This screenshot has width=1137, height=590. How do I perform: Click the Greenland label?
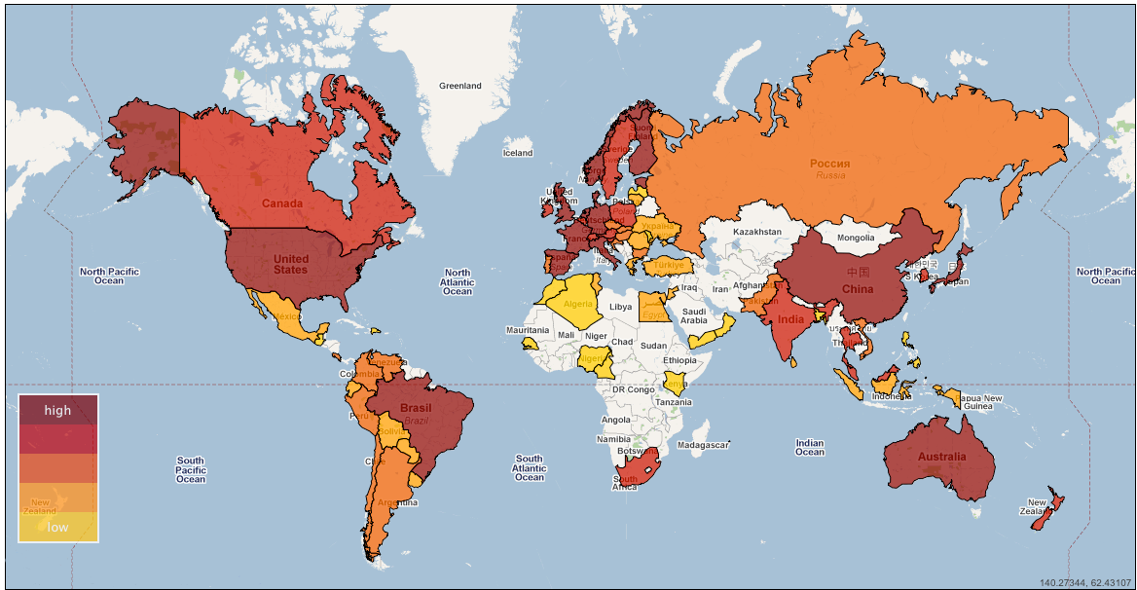pyautogui.click(x=459, y=86)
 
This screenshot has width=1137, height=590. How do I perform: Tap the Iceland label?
pyautogui.click(x=517, y=153)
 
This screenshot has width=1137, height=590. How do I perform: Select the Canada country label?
pyautogui.click(x=281, y=203)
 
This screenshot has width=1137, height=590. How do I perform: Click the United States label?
pyautogui.click(x=290, y=264)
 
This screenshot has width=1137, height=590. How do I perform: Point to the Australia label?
pyautogui.click(x=941, y=457)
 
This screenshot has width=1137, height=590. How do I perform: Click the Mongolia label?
pyautogui.click(x=855, y=238)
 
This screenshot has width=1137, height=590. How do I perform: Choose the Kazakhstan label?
pyautogui.click(x=756, y=232)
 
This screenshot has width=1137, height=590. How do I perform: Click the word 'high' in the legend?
pyautogui.click(x=57, y=410)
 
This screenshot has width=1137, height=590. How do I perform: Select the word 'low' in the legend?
pyautogui.click(x=58, y=527)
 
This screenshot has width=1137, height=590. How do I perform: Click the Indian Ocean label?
pyautogui.click(x=809, y=447)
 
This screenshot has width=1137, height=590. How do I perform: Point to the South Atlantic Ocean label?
pyautogui.click(x=529, y=467)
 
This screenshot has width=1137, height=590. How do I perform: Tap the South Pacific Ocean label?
pyautogui.click(x=191, y=469)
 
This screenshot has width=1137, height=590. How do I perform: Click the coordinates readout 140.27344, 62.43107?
pyautogui.click(x=1084, y=582)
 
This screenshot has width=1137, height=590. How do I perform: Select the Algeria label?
pyautogui.click(x=578, y=304)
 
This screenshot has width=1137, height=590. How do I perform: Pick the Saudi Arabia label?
pyautogui.click(x=693, y=315)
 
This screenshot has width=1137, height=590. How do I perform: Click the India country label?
pyautogui.click(x=791, y=318)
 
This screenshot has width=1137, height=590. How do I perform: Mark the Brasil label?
pyautogui.click(x=416, y=408)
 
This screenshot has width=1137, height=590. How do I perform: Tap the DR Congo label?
pyautogui.click(x=632, y=389)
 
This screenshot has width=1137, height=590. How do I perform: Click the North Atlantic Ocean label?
pyautogui.click(x=457, y=282)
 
